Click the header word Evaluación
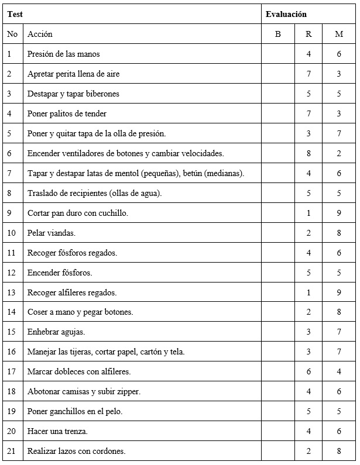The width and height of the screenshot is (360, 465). [286, 15]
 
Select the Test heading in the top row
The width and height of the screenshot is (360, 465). [15, 15]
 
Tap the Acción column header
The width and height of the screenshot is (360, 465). [40, 34]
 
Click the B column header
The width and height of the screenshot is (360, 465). [278, 34]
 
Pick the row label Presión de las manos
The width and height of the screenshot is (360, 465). [63, 54]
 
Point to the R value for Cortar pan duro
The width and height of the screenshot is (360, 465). [308, 213]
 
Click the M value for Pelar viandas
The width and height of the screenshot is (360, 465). [339, 233]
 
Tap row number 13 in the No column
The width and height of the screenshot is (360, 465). [12, 292]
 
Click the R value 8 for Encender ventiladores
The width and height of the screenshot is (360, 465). [308, 153]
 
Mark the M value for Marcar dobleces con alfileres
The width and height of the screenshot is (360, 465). [339, 371]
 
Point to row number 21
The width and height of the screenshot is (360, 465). [12, 451]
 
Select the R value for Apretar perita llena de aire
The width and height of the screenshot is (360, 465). [308, 74]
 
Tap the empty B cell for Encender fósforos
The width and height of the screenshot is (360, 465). [278, 273]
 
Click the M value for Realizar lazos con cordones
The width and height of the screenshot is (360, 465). [339, 451]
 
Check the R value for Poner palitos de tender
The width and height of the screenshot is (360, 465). [308, 113]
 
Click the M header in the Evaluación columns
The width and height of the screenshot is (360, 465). [339, 34]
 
